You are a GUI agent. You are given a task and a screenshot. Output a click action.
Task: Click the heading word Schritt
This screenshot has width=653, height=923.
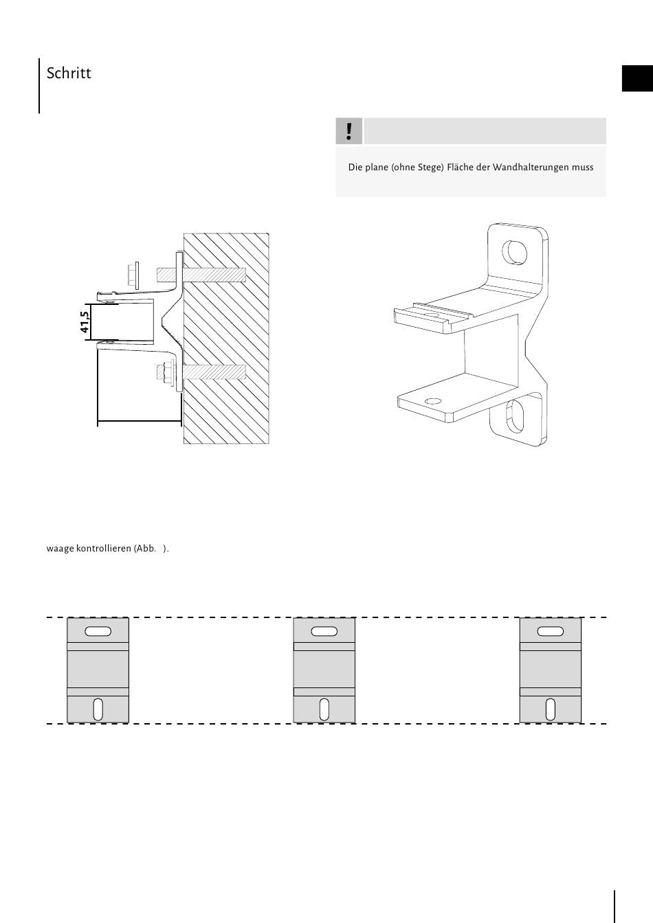coord(69,73)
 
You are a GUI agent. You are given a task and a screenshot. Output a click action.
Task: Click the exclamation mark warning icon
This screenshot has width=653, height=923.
coord(349,131)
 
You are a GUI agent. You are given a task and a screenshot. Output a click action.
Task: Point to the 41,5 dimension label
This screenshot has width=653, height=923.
coord(85,322)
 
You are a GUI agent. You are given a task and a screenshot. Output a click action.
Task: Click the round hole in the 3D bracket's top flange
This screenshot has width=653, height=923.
coord(516,252)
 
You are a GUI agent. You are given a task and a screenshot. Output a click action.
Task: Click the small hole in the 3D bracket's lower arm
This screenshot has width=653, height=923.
coord(432,401)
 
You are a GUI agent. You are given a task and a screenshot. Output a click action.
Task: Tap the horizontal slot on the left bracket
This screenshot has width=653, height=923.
coord(98,631)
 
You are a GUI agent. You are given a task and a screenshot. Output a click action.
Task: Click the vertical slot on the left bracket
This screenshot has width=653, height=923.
coord(98,709)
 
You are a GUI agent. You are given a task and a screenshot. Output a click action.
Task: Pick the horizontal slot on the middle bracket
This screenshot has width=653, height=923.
coord(324,631)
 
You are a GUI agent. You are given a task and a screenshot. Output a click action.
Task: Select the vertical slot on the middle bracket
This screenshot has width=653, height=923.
coord(324,709)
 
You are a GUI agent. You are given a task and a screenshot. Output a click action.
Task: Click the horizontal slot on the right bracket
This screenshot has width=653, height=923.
coord(550,631)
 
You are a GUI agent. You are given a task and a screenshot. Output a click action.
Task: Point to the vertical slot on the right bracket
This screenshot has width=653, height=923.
coord(550,709)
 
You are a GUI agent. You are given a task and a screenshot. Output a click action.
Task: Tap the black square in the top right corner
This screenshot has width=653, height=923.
coord(637,78)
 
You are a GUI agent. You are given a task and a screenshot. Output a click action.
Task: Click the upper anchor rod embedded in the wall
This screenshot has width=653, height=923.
coord(213,275)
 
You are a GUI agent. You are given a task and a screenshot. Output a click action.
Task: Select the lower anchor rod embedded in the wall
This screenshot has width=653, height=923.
coord(213,373)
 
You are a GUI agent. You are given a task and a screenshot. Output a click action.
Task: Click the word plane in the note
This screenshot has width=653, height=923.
coord(377,168)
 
